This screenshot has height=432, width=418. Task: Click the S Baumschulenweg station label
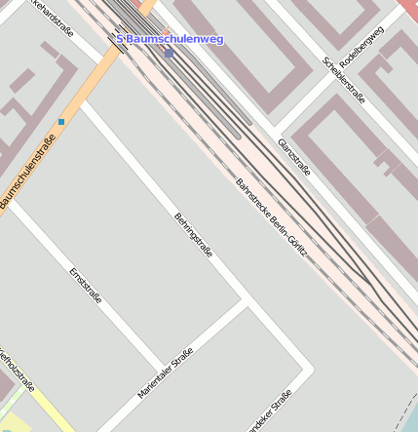pos(171,39)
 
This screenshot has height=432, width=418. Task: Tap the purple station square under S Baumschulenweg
pos(169,53)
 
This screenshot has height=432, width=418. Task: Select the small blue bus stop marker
pos(61,122)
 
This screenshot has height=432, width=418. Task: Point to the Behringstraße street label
pos(193,235)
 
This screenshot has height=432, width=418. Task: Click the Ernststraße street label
pos(86,284)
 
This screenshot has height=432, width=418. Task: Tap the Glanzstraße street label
pos(293,157)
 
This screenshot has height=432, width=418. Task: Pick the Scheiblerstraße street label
pos(344,80)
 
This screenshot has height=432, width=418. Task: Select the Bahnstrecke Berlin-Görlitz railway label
pos(272,217)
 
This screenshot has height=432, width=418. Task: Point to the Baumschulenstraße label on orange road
pos(27,171)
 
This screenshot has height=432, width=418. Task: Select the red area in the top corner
pos(408,8)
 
